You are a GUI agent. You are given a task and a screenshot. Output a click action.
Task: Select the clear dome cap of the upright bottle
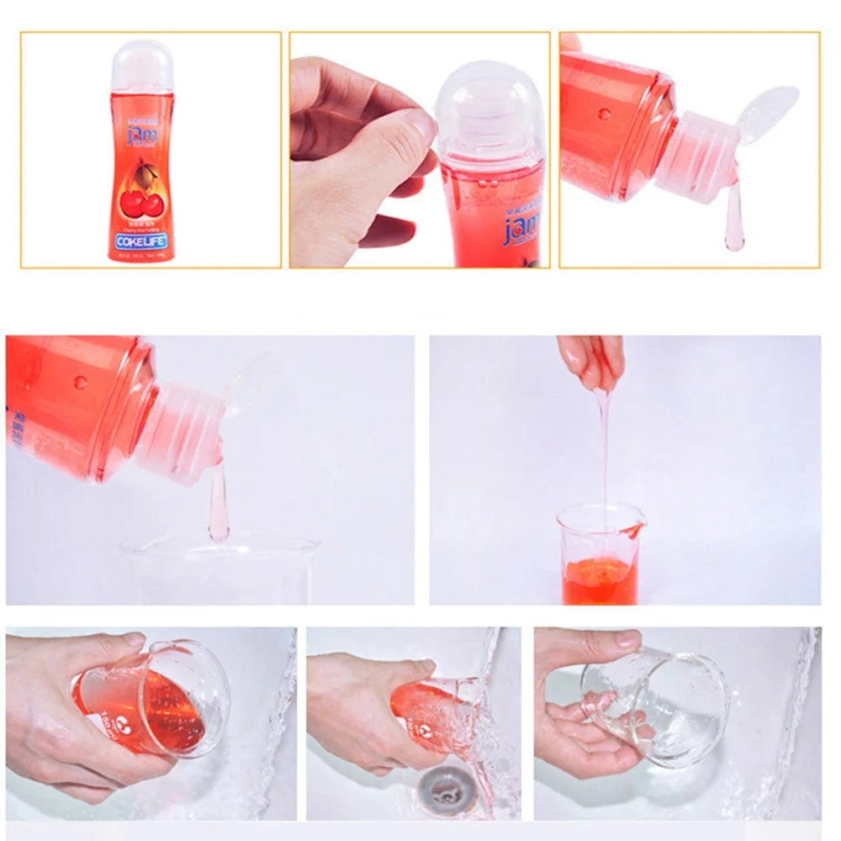142,65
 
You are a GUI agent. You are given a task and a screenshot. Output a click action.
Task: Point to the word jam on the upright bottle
140,135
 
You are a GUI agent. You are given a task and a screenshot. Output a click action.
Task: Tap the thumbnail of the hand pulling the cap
419,151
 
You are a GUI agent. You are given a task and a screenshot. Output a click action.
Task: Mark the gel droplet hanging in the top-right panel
734,227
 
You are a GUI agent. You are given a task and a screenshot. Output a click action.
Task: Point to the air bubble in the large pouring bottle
81,382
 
